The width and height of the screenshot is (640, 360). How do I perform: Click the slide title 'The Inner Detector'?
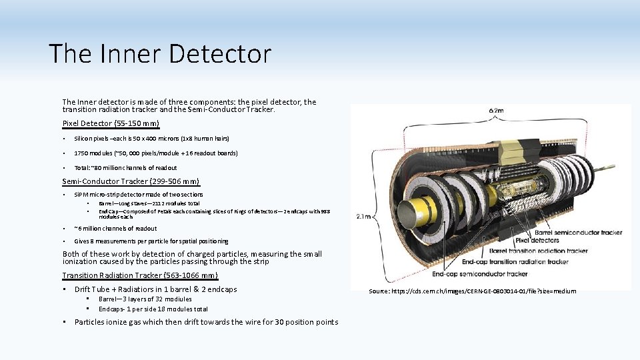pyautogui.click(x=160, y=54)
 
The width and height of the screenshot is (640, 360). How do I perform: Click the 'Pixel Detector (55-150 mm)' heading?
pyautogui.click(x=111, y=123)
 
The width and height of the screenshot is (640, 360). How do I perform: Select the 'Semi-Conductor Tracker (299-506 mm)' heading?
pyautogui.click(x=131, y=181)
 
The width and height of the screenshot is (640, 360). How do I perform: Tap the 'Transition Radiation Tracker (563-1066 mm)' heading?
pyautogui.click(x=139, y=275)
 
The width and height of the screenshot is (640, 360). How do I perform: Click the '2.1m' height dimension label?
pyautogui.click(x=364, y=216)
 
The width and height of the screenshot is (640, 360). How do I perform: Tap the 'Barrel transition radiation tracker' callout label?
pyautogui.click(x=539, y=251)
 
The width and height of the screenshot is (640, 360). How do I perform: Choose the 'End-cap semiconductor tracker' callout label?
pyautogui.click(x=480, y=273)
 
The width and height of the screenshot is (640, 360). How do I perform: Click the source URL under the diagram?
pyautogui.click(x=473, y=291)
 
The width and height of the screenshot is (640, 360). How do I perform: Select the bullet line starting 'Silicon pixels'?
pyautogui.click(x=151, y=139)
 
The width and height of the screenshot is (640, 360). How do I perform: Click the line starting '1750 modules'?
pyautogui.click(x=156, y=153)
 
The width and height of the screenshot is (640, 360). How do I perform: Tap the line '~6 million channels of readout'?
pyautogui.click(x=115, y=229)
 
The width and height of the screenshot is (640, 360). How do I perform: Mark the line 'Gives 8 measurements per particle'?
pyautogui.click(x=151, y=241)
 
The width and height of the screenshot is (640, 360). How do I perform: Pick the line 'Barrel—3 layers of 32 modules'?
pyautogui.click(x=145, y=299)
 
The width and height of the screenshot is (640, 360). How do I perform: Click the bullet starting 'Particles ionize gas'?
pyautogui.click(x=206, y=323)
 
